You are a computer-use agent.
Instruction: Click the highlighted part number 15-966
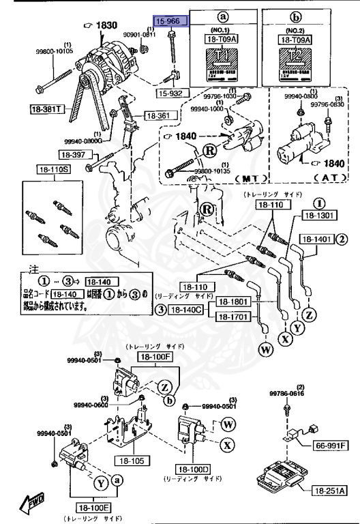coord(168,22)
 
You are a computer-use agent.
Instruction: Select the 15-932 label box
coord(170,92)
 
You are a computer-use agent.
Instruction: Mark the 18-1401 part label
coord(313,239)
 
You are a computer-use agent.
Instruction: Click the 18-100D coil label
coord(194,469)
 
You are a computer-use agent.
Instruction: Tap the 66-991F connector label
coord(331,446)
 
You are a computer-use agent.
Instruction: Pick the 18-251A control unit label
coord(330,491)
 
